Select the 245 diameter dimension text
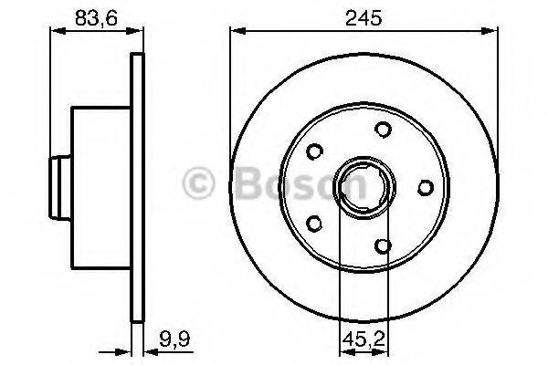pyautogui.click(x=364, y=16)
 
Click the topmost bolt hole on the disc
pyautogui.click(x=384, y=130)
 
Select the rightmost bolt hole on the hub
pyautogui.click(x=425, y=187)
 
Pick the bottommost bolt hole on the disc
pyautogui.click(x=384, y=245)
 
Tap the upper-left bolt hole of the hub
pyautogui.click(x=317, y=151)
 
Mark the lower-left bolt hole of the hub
pyautogui.click(x=316, y=223)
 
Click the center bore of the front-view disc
pyautogui.click(x=364, y=188)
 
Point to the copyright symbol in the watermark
pyautogui.click(x=198, y=183)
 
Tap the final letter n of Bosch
pyautogui.click(x=350, y=187)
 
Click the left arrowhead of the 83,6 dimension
pyautogui.click(x=51, y=30)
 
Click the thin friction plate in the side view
pyautogui.click(x=139, y=187)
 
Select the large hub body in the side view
pyautogui.click(x=101, y=187)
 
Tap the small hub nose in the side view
pyautogui.click(x=60, y=187)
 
